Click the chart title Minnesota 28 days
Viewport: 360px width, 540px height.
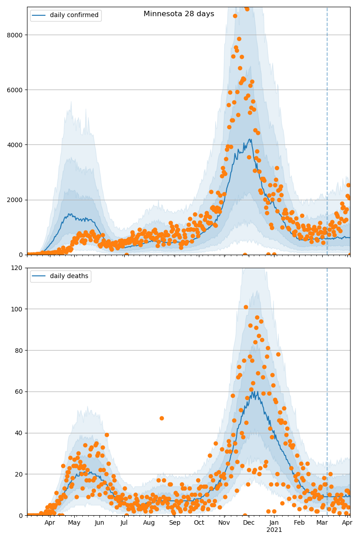179,14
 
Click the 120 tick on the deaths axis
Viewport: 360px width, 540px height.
17,268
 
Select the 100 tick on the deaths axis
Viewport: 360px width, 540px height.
17,309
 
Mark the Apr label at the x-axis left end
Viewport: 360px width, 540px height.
49,523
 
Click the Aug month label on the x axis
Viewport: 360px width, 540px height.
149,523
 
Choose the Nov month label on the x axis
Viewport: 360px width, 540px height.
224,523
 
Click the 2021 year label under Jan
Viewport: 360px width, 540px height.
274,530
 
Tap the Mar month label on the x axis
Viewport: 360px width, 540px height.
322,523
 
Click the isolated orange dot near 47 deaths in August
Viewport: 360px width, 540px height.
162,418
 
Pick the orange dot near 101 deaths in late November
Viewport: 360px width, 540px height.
246,307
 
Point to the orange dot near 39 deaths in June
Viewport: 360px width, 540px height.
107,435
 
